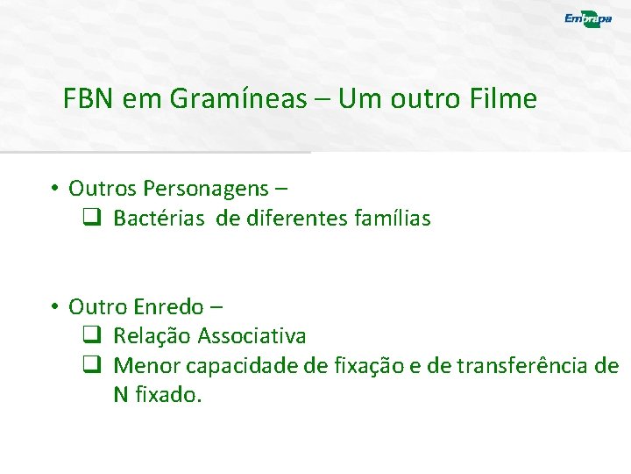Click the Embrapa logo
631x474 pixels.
[588, 19]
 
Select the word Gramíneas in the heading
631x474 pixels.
[238, 99]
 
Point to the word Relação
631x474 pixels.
[152, 336]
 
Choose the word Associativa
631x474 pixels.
[252, 336]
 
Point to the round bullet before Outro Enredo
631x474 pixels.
[53, 307]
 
